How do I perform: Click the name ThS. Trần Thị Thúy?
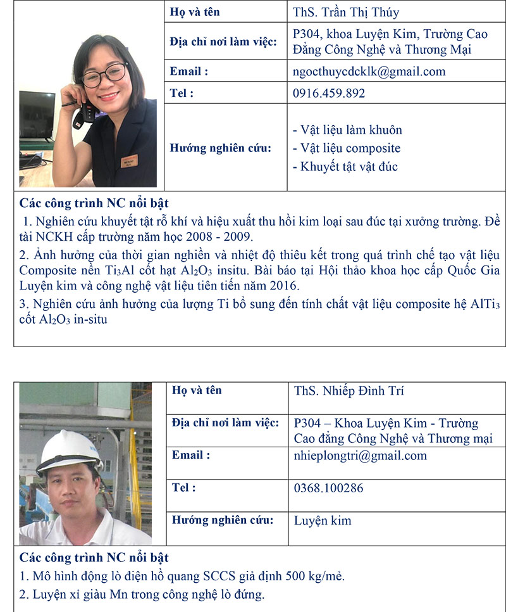coord(346,12)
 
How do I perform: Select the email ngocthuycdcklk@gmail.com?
coord(369,72)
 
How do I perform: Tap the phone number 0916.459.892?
coord(329,93)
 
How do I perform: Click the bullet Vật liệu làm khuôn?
coord(347,130)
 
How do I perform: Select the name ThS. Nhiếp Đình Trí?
coord(349,390)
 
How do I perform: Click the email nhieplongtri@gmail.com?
coord(361,456)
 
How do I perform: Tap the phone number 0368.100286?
coord(328,488)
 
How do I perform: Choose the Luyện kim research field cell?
coord(323,521)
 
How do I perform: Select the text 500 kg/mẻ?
coord(314,577)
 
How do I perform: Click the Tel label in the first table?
coord(182,93)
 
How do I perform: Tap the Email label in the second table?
coord(191,455)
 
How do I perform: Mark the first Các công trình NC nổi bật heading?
coord(94,203)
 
